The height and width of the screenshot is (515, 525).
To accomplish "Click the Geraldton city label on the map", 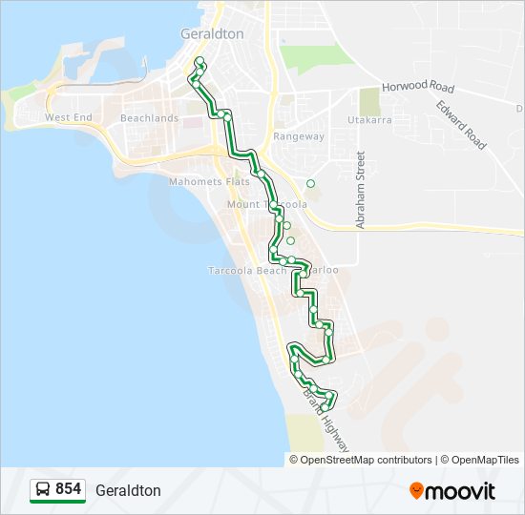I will pos(212,33).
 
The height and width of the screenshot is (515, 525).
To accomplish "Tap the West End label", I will pos(69,118).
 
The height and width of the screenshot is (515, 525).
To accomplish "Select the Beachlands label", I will pos(149,118).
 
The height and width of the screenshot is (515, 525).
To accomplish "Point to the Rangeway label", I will pos(299,136).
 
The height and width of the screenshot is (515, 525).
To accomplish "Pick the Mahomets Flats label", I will pos(208,181).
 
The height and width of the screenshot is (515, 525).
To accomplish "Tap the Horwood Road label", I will pos(417,87).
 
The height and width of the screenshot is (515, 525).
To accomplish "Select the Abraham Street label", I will pos(361,191).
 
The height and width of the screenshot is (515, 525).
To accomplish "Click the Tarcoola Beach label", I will pos(247,271).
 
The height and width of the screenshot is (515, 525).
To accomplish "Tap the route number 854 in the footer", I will pos(68,489).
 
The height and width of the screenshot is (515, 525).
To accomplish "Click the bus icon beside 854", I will pos(43,490).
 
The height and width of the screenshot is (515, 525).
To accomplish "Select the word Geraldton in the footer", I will pos(128,490).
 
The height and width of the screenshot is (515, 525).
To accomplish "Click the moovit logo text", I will pos(461,491).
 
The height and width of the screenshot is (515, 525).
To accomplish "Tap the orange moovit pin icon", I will pos(416,490).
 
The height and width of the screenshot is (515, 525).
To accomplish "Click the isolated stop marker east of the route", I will pos(310,183).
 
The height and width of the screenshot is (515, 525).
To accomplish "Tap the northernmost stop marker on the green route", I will pos(199,62).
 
